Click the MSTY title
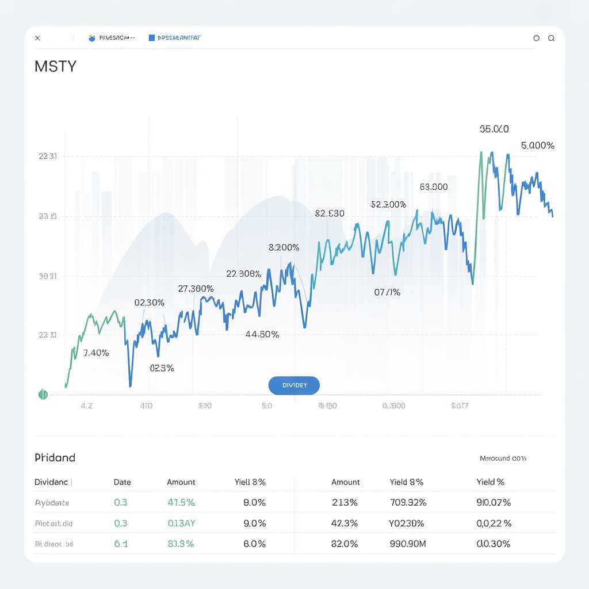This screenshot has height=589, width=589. click(55, 66)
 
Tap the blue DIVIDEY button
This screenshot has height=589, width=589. click(294, 385)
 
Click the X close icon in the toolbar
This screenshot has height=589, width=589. click(37, 38)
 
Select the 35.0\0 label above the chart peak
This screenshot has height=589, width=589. click(494, 129)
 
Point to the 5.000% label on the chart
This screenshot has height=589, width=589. click(538, 146)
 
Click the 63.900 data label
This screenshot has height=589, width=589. click(434, 187)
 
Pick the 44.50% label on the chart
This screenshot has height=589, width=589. click(262, 334)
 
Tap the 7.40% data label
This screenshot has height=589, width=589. click(96, 353)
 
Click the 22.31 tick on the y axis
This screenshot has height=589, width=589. click(47, 156)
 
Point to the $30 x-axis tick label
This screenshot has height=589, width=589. click(205, 406)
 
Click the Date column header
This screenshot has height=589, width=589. click(122, 482)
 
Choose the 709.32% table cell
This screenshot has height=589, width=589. click(408, 502)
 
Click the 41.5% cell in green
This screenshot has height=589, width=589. click(181, 502)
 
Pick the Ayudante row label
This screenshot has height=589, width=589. click(52, 503)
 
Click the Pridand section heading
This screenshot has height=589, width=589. click(55, 458)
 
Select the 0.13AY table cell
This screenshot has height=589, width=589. click(181, 523)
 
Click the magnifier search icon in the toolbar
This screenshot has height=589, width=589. click(551, 38)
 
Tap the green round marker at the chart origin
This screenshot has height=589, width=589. click(43, 395)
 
